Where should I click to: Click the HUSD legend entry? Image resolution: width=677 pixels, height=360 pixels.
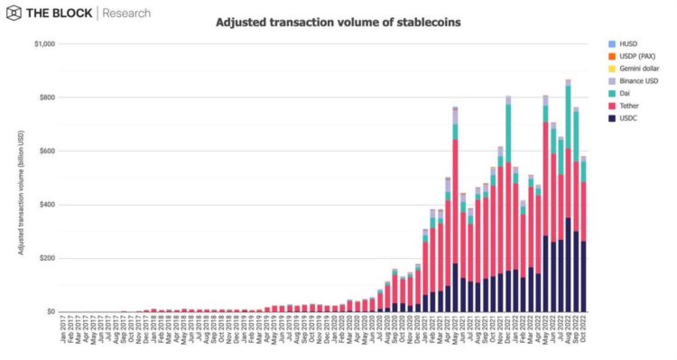tap(633, 43)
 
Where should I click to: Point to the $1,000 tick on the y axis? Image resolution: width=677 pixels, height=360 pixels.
tap(44, 43)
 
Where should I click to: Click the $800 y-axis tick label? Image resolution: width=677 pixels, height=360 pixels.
tap(46, 97)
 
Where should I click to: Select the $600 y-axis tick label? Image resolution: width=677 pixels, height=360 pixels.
tap(46, 151)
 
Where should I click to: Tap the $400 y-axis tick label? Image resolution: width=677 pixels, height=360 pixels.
tap(46, 205)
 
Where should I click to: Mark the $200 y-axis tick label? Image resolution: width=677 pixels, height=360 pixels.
tap(46, 258)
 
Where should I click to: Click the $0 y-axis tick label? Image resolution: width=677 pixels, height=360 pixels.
tap(51, 312)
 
